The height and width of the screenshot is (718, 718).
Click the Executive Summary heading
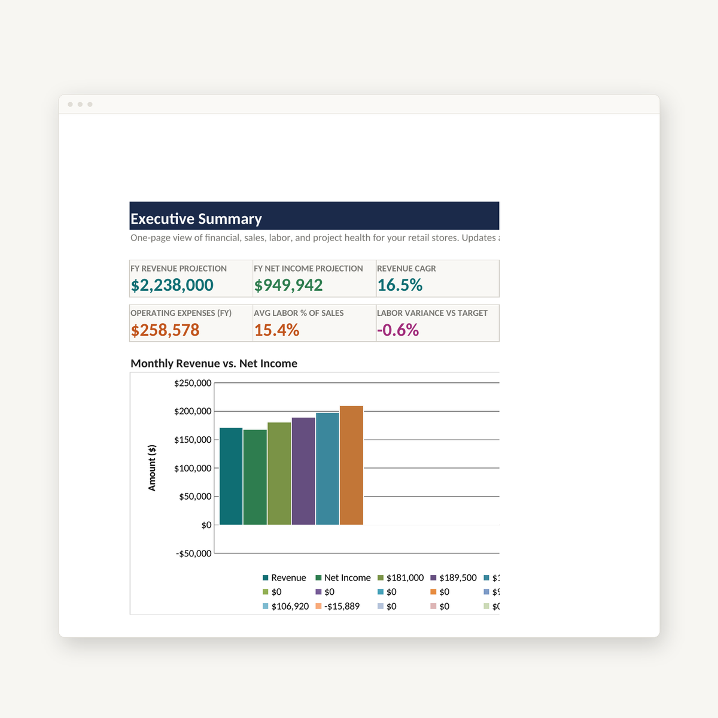click(x=196, y=219)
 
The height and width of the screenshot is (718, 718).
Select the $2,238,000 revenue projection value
click(x=172, y=285)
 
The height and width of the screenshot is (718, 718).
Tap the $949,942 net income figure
click(x=288, y=285)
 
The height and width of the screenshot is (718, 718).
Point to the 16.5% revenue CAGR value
click(x=400, y=285)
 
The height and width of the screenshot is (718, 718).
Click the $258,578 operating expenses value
click(x=165, y=330)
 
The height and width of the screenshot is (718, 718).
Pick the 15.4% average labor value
click(x=276, y=330)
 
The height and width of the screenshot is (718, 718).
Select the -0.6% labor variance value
click(x=398, y=330)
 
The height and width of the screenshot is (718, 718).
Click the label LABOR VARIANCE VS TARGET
click(x=432, y=313)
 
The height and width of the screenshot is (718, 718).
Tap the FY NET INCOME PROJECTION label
click(x=308, y=268)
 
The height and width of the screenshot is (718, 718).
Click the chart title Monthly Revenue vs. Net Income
click(x=214, y=363)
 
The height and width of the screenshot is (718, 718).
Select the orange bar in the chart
click(x=351, y=466)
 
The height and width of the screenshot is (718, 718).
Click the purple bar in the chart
click(x=303, y=471)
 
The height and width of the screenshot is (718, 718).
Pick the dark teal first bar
click(x=231, y=476)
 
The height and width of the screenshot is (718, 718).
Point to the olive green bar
click(x=279, y=473)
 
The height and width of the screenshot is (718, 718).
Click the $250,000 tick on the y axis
click(x=193, y=383)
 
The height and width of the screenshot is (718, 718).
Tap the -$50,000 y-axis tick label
click(x=193, y=553)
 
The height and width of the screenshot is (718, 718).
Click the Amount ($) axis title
click(x=152, y=468)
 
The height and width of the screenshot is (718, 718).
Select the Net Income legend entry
click(x=343, y=577)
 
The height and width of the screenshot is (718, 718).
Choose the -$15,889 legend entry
click(x=337, y=606)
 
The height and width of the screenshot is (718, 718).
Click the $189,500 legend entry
click(x=454, y=577)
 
